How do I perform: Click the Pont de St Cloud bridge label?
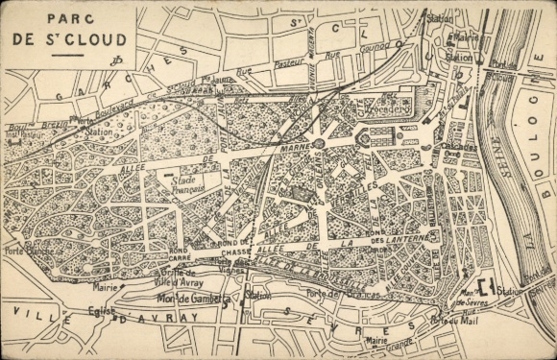pyautogui.click(x=497, y=64)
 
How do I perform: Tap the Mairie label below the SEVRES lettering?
pyautogui.click(x=377, y=340)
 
